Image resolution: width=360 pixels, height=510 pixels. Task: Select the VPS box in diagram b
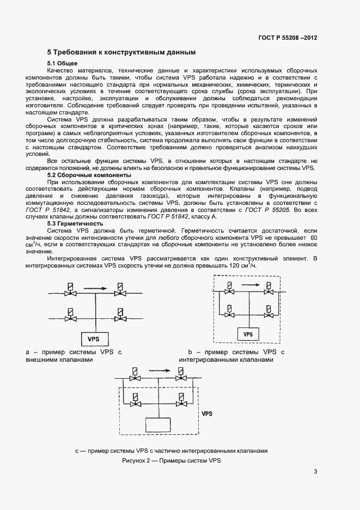tap(248, 333)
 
